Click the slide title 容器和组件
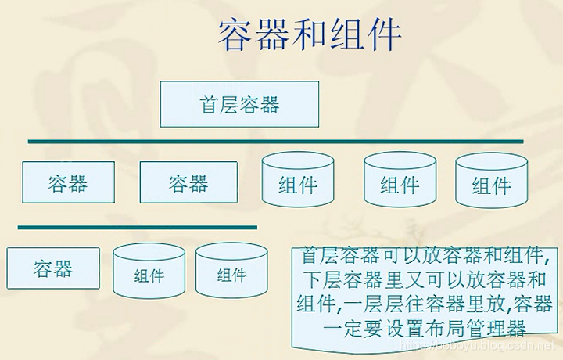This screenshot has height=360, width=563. point(310,35)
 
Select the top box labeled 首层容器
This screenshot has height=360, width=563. point(240,104)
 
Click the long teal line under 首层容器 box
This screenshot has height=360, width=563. point(275,142)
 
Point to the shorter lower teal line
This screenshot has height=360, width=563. point(138,228)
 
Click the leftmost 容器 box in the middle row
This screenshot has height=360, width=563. point(68,183)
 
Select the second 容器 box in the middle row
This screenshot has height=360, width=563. point(188,183)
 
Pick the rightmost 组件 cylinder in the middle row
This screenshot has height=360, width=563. point(492,185)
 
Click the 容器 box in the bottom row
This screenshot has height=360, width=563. point(53,269)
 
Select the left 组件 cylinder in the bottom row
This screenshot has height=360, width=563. point(149,273)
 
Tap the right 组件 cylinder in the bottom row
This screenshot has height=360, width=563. point(232,273)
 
